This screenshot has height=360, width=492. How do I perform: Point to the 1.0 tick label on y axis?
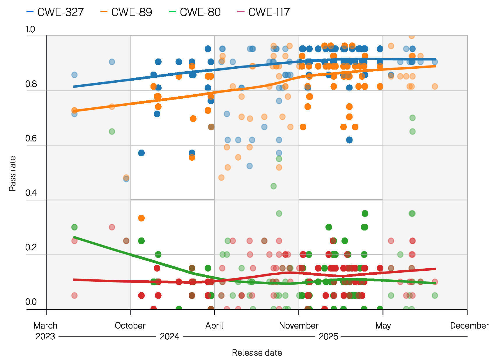(30, 29)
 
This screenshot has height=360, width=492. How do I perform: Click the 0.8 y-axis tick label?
(31, 84)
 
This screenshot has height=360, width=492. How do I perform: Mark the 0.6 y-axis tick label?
(31, 139)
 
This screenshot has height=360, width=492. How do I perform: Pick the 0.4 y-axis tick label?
(31, 193)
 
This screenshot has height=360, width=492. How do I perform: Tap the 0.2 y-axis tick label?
(31, 247)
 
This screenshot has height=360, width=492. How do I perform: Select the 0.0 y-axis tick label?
(31, 302)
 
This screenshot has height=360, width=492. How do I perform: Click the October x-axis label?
(130, 325)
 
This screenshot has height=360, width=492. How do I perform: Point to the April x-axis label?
(214, 325)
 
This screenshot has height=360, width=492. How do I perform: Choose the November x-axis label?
(299, 325)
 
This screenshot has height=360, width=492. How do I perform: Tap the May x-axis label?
(383, 325)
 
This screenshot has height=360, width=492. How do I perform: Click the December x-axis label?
(469, 325)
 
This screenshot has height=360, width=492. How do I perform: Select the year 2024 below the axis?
(169, 336)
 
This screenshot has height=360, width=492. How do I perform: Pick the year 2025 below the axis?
(328, 336)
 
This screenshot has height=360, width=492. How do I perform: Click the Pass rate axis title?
(12, 173)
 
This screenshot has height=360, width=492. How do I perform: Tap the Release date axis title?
(257, 353)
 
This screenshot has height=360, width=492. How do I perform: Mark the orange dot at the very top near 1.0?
(412, 36)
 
